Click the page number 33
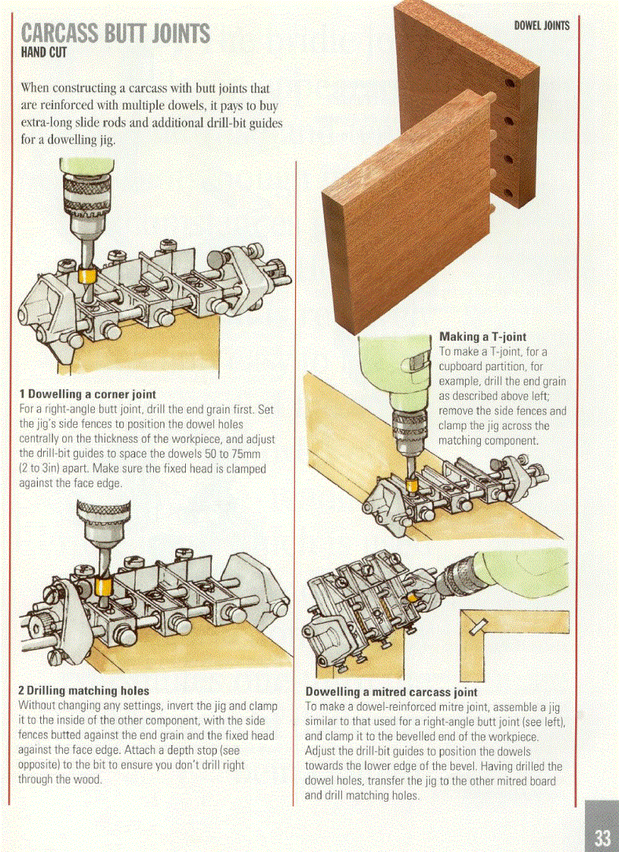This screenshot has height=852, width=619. [602, 838]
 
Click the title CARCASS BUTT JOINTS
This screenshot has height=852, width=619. [116, 33]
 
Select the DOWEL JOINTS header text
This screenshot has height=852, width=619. [542, 26]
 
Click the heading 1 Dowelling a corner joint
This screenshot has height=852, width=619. [87, 395]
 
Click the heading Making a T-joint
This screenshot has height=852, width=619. [482, 337]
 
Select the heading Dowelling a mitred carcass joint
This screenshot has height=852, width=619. [391, 692]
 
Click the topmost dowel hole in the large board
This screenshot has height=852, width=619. [510, 81]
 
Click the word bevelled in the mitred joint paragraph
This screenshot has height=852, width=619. [425, 736]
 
